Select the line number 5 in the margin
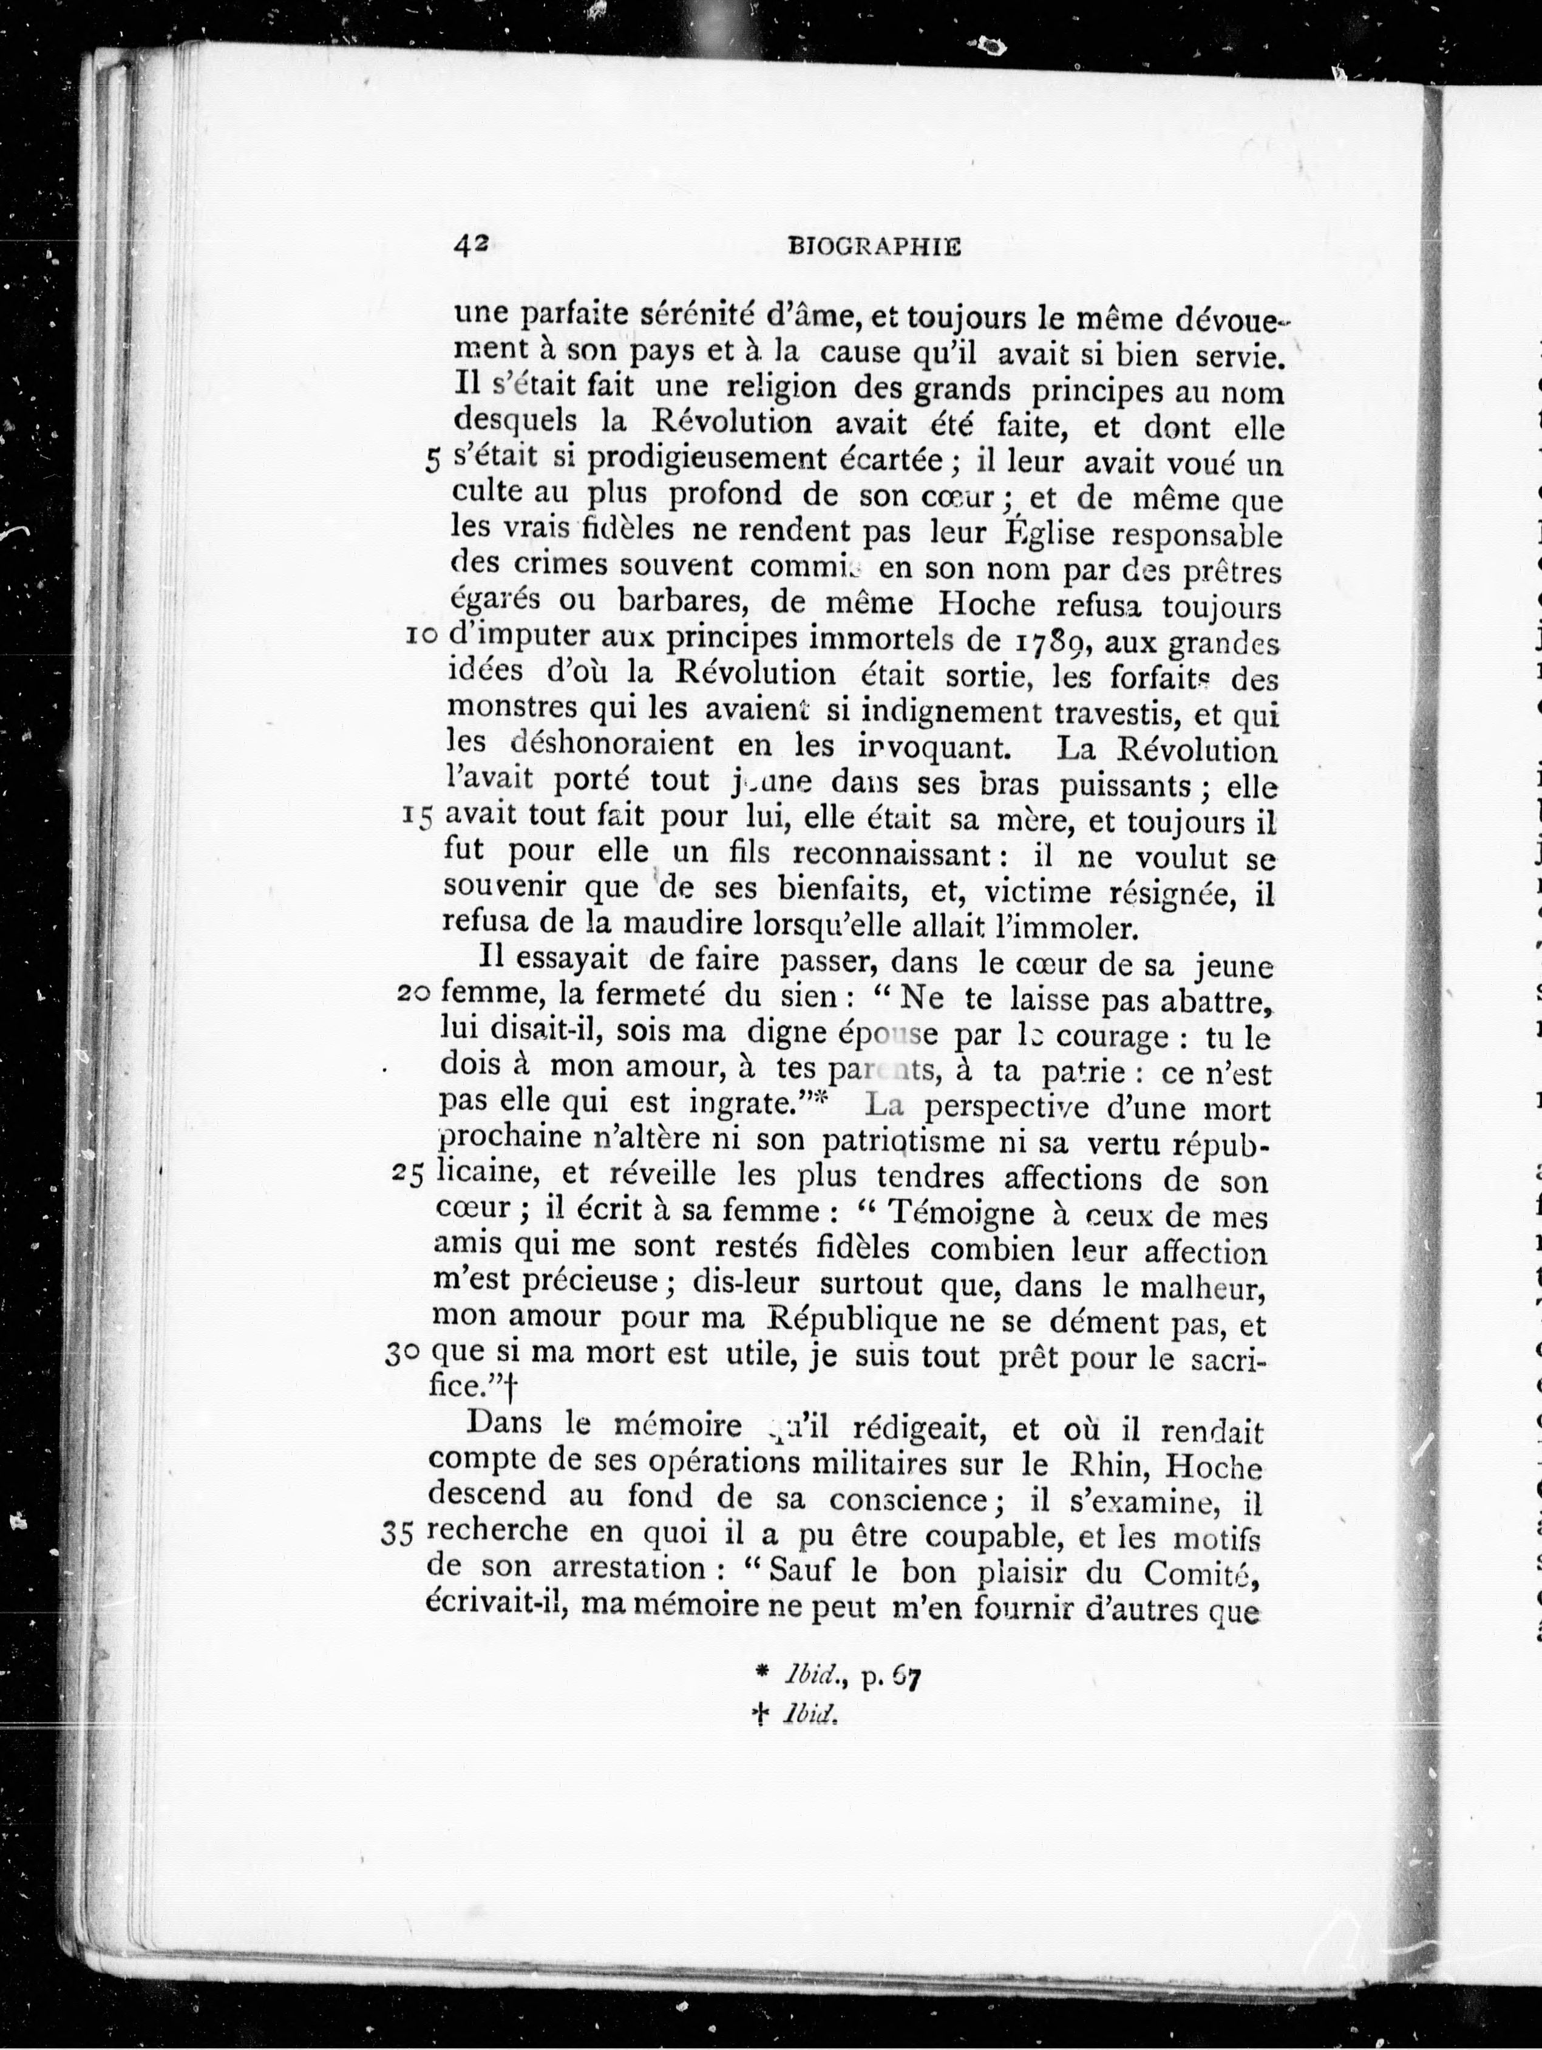pos(432,461)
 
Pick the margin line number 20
pos(413,995)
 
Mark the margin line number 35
pos(396,1534)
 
